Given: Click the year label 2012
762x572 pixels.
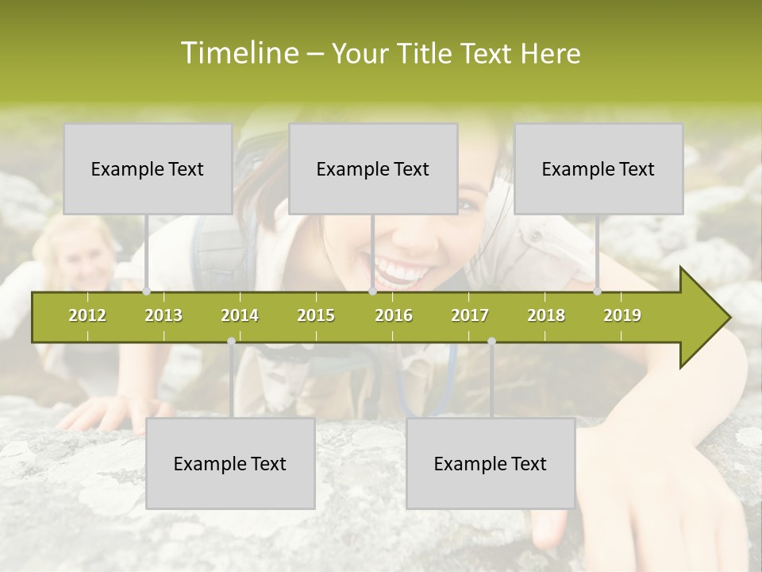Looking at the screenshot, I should [87, 316].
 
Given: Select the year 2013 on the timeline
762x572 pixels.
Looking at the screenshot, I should [164, 316].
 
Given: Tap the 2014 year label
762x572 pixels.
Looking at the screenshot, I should [240, 316].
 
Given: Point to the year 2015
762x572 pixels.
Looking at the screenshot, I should [316, 316].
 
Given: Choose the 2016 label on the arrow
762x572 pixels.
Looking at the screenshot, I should [394, 316].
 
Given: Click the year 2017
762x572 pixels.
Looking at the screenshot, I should [470, 316].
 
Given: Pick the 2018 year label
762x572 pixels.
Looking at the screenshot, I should [546, 316].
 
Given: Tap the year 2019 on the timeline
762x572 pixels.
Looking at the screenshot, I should [622, 316].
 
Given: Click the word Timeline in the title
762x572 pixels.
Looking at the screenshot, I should [238, 53].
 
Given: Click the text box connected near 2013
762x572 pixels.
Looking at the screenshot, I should [148, 169].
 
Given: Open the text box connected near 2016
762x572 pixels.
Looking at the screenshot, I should [373, 169].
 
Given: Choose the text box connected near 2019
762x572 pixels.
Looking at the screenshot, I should [598, 169].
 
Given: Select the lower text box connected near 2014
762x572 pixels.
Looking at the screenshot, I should [230, 464].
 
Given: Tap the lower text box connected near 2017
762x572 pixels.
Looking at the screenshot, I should [491, 464].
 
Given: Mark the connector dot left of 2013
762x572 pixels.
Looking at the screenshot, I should [146, 292].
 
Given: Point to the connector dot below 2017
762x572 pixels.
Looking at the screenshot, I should [491, 342].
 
